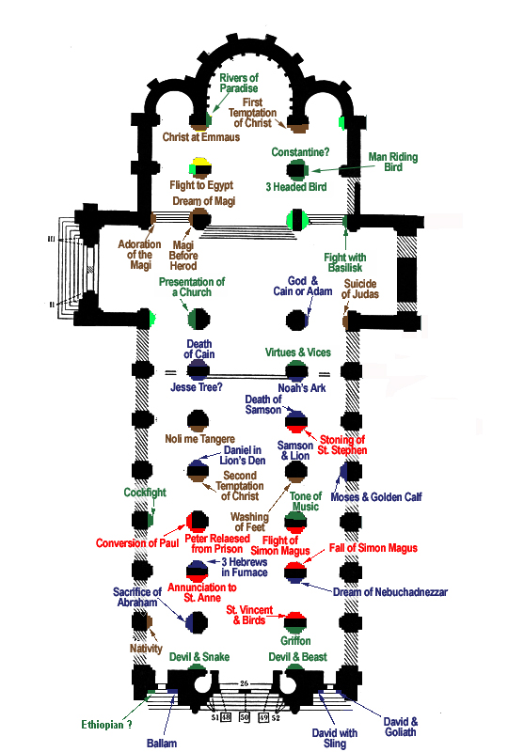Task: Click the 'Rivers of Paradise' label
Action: coord(239,83)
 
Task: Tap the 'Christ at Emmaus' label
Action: coord(201,137)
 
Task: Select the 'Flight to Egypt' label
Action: coord(201,185)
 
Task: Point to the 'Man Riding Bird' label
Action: coord(393,162)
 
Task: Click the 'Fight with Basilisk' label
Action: coord(345,262)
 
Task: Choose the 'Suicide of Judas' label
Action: coord(360,289)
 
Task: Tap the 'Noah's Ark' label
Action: coord(302,387)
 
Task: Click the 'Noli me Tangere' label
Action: coord(200,439)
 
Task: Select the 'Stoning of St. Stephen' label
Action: coord(342,445)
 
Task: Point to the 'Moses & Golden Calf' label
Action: coord(376,497)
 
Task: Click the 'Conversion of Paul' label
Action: coord(137,543)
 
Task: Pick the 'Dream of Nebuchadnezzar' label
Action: coord(390,592)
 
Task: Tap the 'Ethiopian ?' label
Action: coord(106,724)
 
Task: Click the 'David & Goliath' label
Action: coord(400,727)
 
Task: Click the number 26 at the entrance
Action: coord(244,683)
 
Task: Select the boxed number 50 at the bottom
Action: coord(245,717)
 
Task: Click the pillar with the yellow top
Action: coord(200,168)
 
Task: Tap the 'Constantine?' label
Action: coord(300,152)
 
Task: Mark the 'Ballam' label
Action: coord(162,743)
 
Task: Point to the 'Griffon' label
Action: coord(295,641)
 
